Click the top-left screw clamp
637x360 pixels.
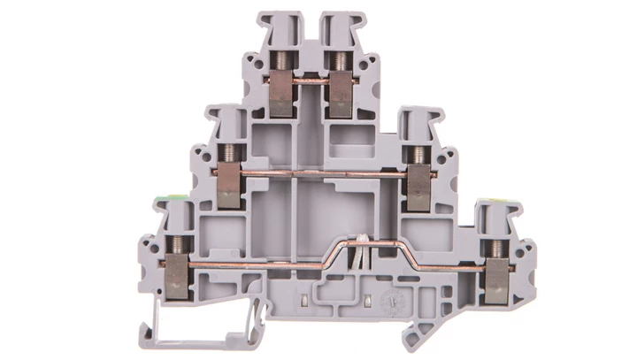281,94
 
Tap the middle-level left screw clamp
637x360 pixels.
228,181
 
